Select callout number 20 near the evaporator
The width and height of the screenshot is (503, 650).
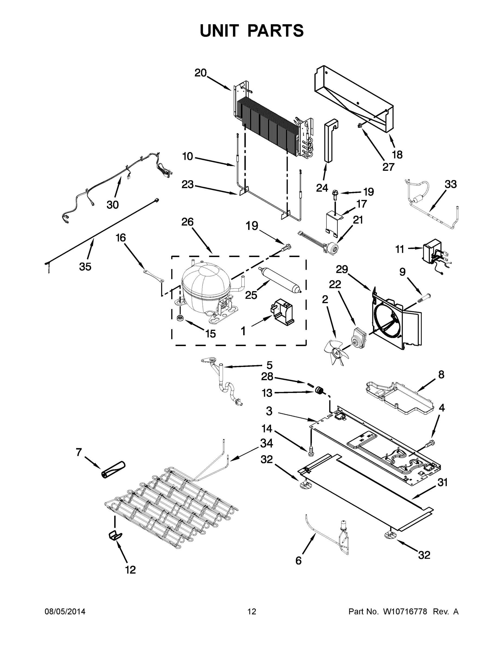point(201,73)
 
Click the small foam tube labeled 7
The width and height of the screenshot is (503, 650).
point(114,470)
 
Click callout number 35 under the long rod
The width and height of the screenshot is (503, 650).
point(85,267)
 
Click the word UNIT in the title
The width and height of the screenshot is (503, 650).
point(219,31)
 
